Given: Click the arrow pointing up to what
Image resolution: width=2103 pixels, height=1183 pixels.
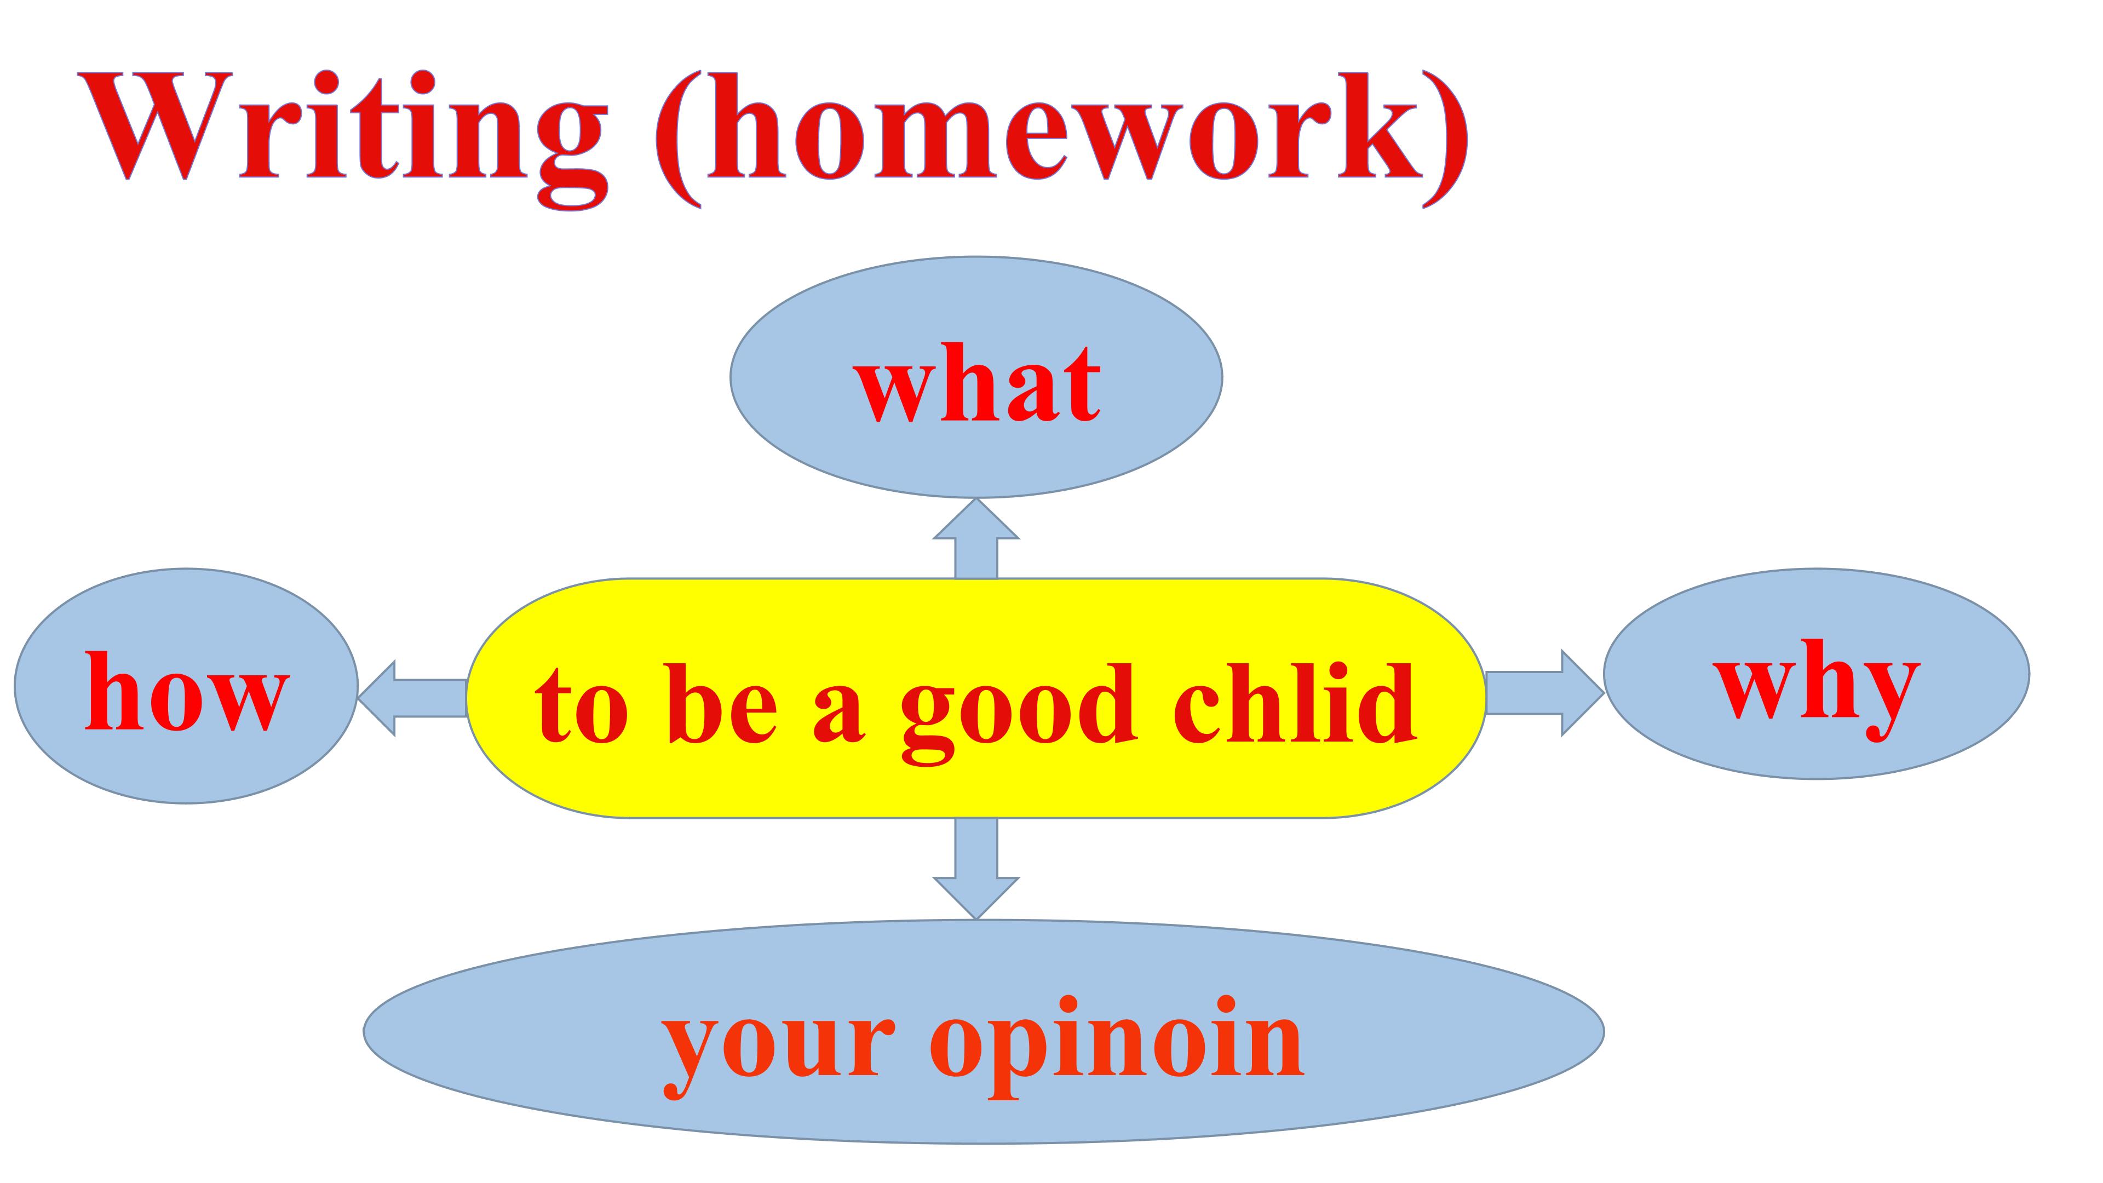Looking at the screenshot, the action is click(x=976, y=539).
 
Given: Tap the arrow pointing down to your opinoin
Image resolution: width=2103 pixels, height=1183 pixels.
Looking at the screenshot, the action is click(x=976, y=868).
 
